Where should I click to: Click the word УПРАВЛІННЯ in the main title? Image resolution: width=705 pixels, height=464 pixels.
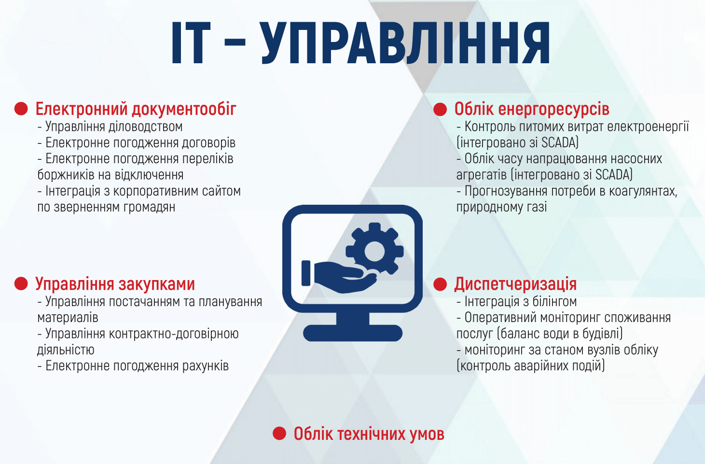click(x=406, y=42)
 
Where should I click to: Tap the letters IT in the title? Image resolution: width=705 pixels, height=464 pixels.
click(x=191, y=42)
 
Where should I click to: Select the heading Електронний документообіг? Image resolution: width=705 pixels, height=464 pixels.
click(x=136, y=109)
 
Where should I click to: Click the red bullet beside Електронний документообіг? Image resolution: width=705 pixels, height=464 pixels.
click(x=21, y=109)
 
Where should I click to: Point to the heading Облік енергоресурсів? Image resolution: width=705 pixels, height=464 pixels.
click(x=532, y=109)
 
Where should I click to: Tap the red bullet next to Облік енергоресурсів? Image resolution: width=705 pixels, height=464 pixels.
click(x=440, y=109)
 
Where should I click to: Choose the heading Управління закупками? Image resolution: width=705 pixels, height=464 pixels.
click(x=115, y=284)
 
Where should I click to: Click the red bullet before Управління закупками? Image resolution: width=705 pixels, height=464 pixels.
click(x=21, y=283)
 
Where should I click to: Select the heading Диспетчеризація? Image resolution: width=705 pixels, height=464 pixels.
click(x=515, y=284)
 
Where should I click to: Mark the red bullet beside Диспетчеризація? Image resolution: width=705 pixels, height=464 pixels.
click(x=440, y=284)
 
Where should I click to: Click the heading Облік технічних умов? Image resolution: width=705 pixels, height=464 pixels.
click(x=369, y=434)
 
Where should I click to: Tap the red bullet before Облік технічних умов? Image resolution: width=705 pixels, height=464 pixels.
click(x=279, y=434)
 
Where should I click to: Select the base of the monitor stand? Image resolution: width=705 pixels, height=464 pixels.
click(x=352, y=333)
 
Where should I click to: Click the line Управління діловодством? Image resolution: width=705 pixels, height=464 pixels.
click(x=110, y=127)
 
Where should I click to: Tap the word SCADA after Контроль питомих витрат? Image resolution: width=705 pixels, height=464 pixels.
click(x=559, y=143)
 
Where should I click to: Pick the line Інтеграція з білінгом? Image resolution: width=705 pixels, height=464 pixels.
click(x=516, y=302)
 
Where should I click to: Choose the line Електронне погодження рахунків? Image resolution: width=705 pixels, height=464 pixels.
click(x=133, y=366)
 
